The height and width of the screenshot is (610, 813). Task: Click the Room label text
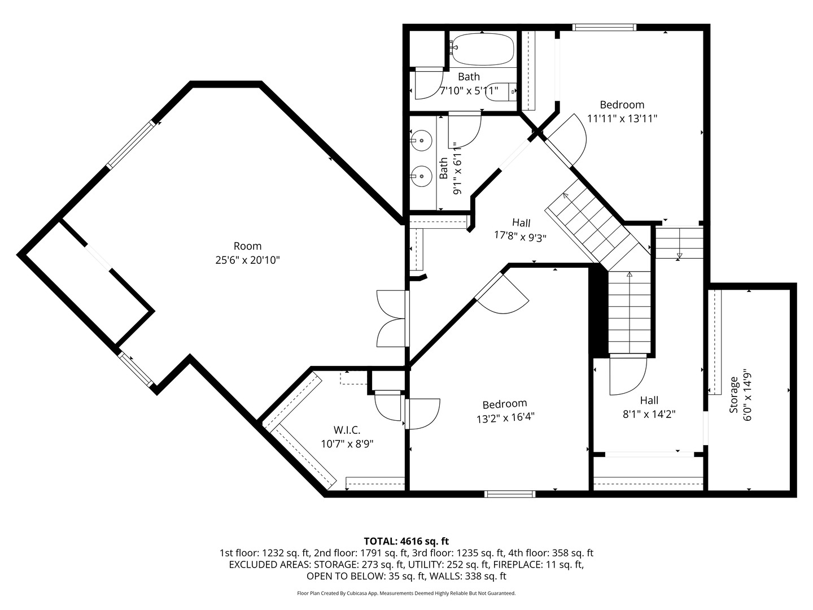[247, 246]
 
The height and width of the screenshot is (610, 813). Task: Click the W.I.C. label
[347, 430]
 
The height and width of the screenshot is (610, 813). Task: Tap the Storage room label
[734, 395]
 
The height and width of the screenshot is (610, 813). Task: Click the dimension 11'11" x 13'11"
[622, 119]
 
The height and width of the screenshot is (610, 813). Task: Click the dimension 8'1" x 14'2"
[649, 414]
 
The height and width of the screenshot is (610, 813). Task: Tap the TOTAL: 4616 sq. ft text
[406, 541]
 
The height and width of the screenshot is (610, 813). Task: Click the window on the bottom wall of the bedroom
[510, 494]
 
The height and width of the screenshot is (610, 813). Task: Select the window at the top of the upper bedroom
[604, 27]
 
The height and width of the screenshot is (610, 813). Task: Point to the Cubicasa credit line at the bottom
[406, 594]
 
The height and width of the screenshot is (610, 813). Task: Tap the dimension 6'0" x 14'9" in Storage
[748, 395]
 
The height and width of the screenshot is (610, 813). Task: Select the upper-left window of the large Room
[130, 145]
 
